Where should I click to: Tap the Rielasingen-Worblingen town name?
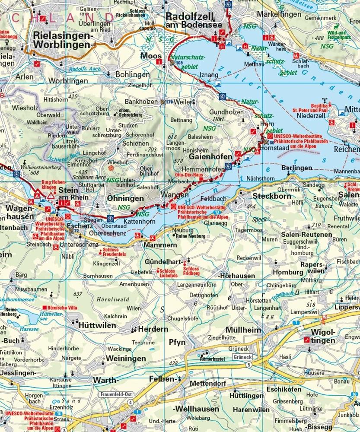(x=61, y=40)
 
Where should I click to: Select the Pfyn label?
(x=177, y=342)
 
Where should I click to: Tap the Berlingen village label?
(x=296, y=168)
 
